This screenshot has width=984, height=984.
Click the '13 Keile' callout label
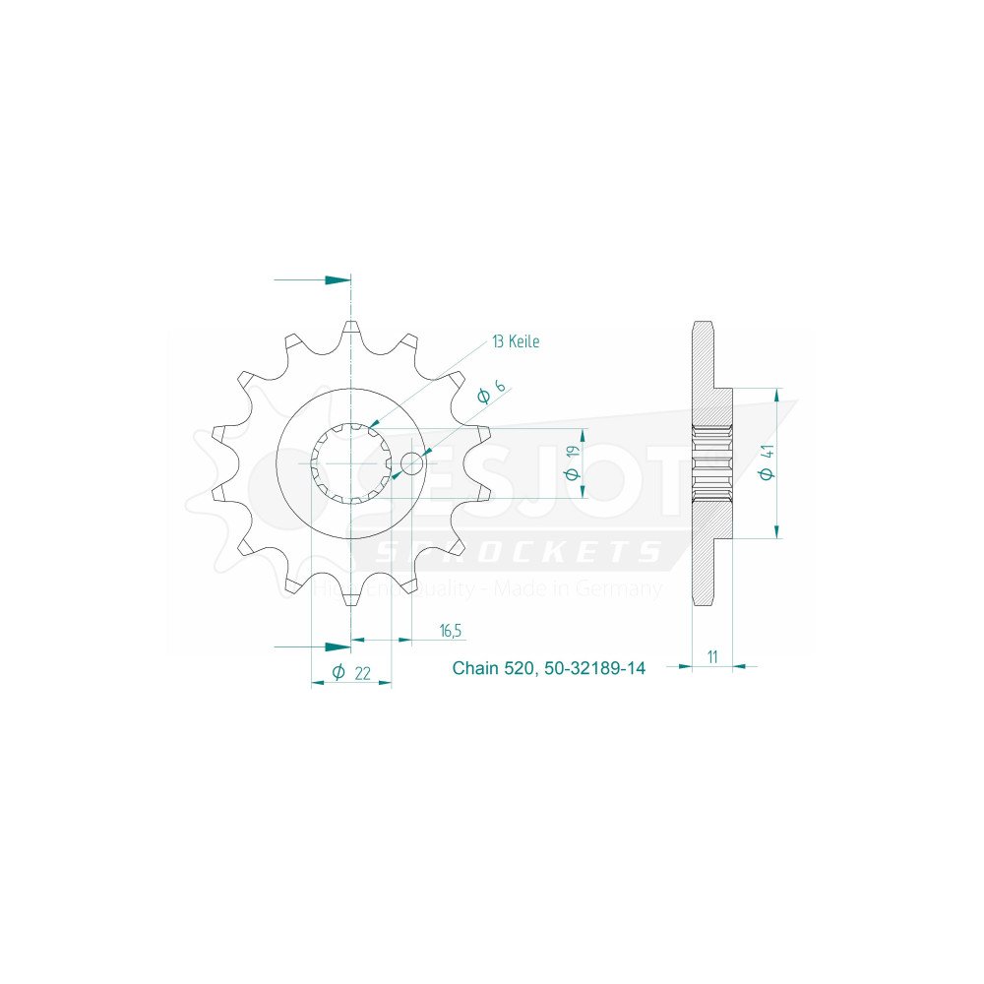click(x=516, y=341)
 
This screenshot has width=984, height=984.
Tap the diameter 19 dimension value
click(x=575, y=463)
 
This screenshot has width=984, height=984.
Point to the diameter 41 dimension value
click(x=768, y=462)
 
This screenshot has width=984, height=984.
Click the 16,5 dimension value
click(x=449, y=630)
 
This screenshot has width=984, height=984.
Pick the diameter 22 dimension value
click(x=351, y=673)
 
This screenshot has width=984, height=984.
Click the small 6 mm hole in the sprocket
click(x=412, y=463)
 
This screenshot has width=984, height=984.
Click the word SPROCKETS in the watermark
click(x=522, y=552)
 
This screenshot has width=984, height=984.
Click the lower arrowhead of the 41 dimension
click(x=776, y=530)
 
